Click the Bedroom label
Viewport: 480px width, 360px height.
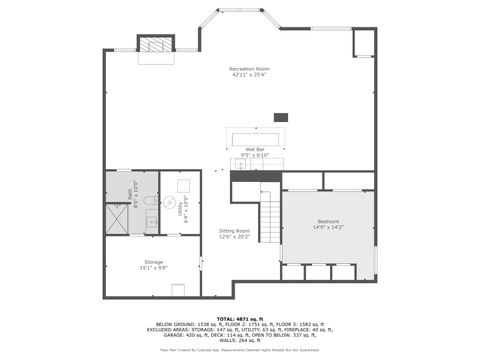point(329,221)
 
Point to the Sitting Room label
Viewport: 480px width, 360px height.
point(234,230)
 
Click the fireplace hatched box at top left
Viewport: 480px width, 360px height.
point(154,45)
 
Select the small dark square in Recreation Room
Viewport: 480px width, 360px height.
point(281,117)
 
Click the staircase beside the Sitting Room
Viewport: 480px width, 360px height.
point(271,214)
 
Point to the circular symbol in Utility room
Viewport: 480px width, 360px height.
point(170,201)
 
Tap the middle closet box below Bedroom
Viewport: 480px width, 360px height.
point(317,271)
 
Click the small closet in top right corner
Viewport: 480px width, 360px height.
point(364,44)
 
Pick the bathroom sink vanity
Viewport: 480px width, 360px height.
point(152,222)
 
